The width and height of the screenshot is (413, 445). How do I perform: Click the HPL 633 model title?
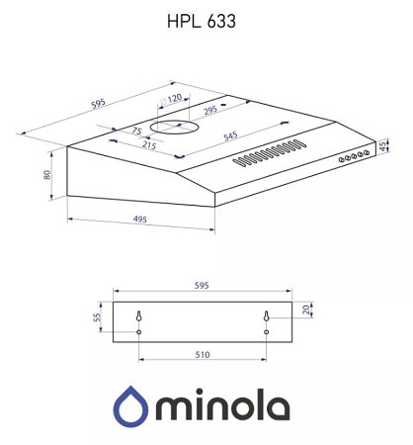[x=202, y=22]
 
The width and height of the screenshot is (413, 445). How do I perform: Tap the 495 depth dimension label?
[x=140, y=220]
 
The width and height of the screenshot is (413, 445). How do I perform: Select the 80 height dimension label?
[x=47, y=175]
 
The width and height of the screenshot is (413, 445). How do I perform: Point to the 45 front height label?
[x=382, y=146]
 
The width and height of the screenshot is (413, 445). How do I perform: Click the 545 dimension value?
[x=230, y=135]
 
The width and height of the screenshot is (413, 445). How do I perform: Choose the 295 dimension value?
[x=210, y=110]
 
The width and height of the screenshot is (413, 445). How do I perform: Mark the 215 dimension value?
[x=149, y=144]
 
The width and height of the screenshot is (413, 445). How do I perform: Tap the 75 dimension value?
[x=136, y=131]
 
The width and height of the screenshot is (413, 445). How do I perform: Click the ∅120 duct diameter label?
[x=171, y=99]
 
